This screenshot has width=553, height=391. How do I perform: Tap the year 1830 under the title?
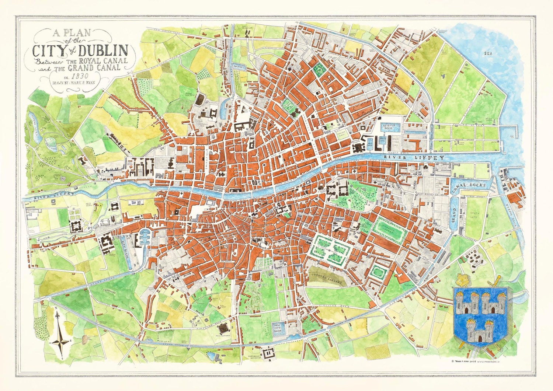pos(80,77)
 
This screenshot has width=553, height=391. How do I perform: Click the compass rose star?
pos(60,341)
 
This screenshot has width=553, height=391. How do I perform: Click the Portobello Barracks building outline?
pos(268,353)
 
